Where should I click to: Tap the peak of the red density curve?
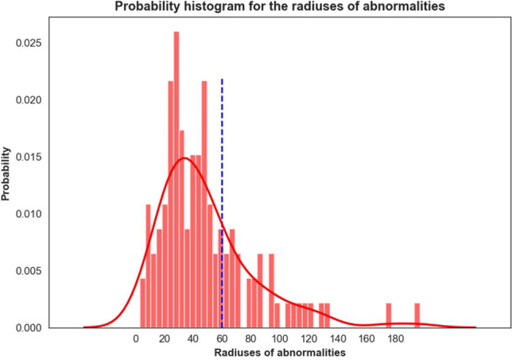click(x=184, y=158)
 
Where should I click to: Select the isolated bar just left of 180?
click(x=389, y=315)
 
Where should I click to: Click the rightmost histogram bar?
click(x=417, y=315)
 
